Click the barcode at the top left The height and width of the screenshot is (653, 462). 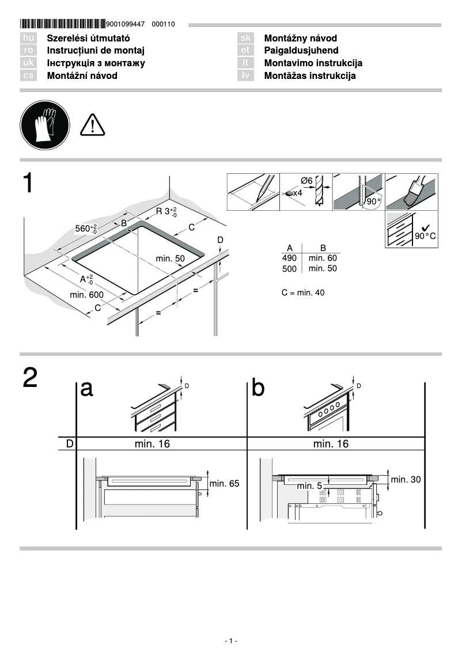tap(63, 24)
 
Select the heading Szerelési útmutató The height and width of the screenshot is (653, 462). tap(88, 39)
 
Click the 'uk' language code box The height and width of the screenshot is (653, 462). tap(28, 63)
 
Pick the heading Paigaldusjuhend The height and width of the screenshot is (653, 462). tap(301, 51)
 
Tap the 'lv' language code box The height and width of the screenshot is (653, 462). tap(245, 76)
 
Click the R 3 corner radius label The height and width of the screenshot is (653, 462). tap(166, 211)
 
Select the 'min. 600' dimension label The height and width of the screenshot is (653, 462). tap(86, 295)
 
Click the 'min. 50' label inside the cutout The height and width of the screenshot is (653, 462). tap(170, 259)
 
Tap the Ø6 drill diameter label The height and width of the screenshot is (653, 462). tap(306, 181)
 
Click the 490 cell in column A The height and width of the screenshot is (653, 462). tap(289, 259)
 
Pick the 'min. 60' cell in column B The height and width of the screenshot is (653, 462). tap(323, 259)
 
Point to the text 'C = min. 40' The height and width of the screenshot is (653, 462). tap(303, 293)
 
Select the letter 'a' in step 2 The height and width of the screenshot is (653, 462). tap(87, 389)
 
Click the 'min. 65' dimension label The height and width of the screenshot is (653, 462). tap(224, 484)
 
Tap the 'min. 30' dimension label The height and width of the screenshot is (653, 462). tap(406, 479)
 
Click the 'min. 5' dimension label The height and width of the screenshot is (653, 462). tap(309, 486)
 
